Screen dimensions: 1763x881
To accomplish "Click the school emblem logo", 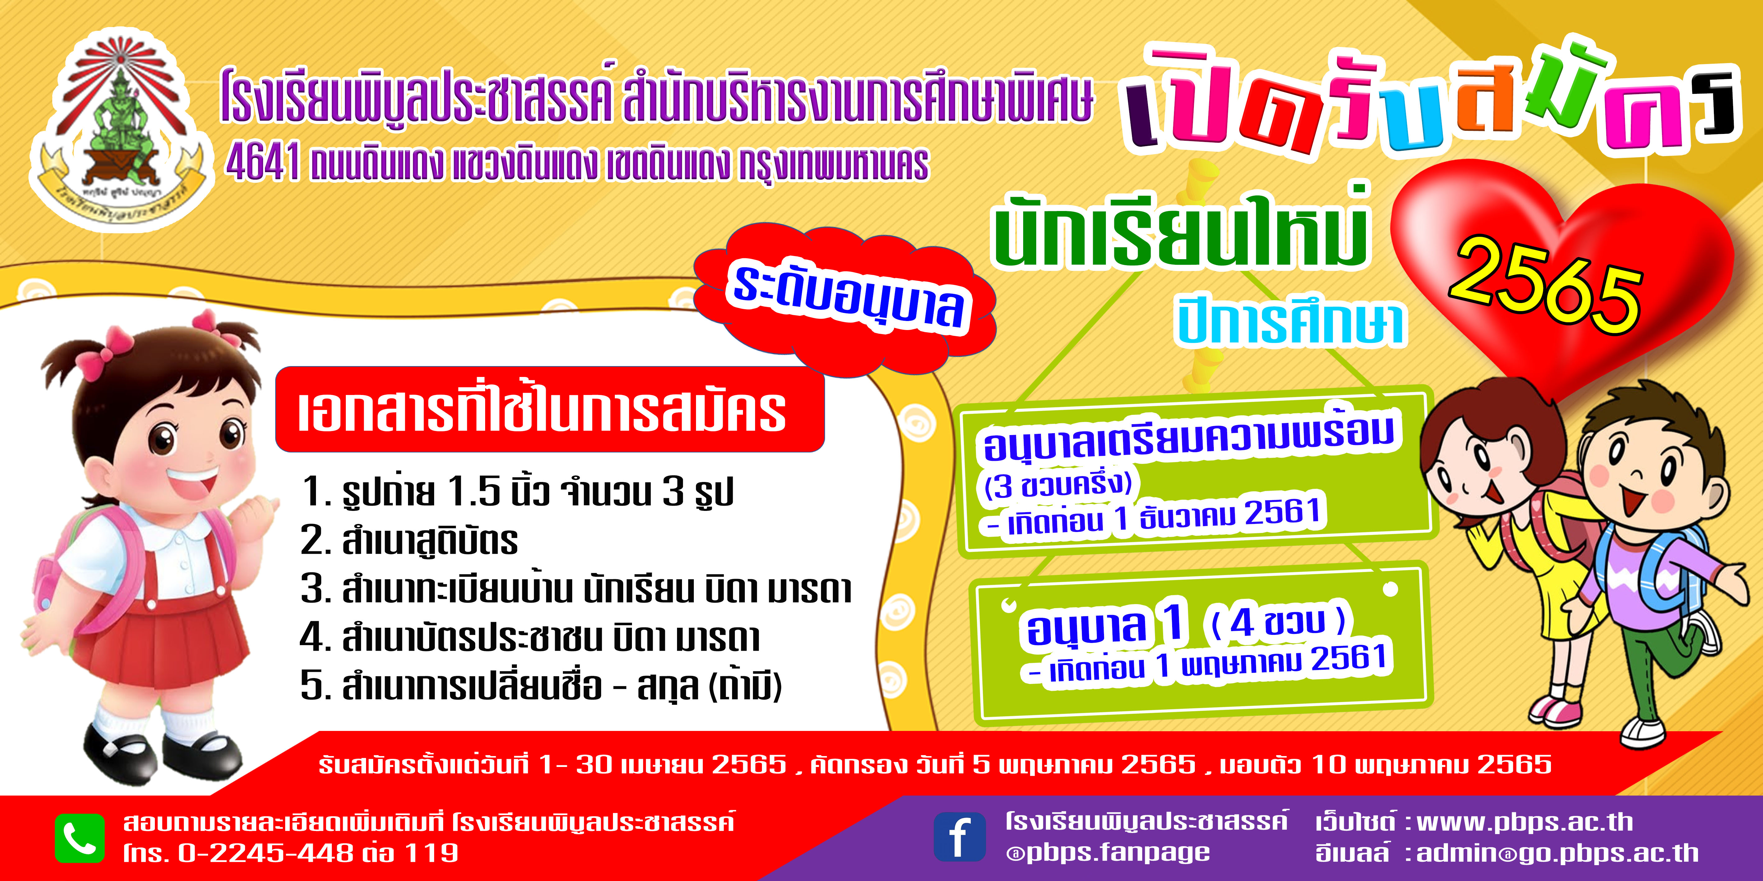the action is point(118,130).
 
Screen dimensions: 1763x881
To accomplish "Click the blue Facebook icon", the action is point(959,837).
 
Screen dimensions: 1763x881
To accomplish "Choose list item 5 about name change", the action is point(541,685).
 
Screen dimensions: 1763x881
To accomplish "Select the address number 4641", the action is point(263,164).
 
